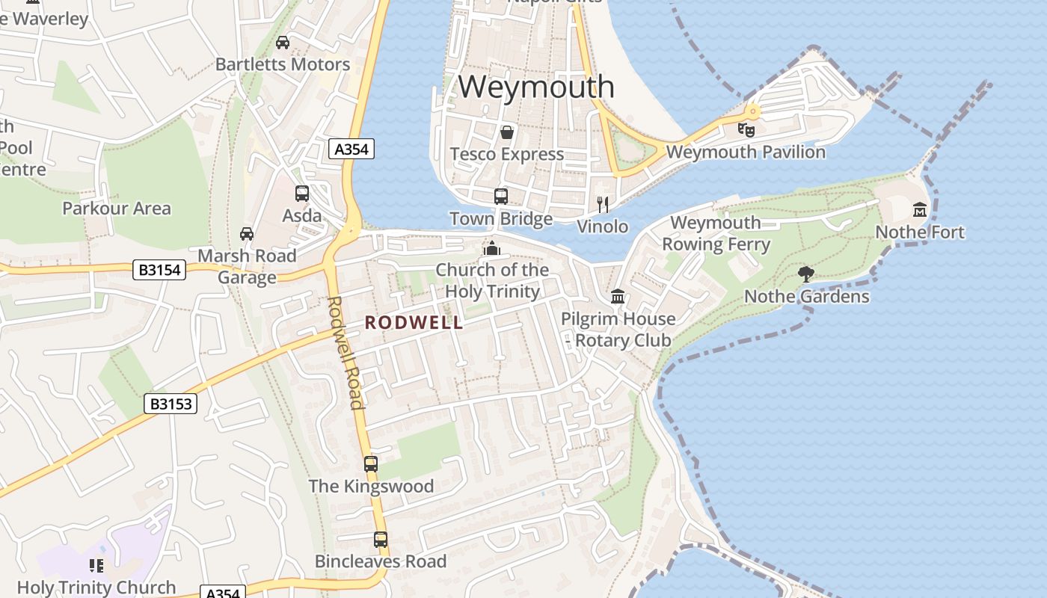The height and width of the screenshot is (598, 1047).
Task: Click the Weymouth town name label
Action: (536, 87)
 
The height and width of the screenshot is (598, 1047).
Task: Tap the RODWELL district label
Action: (414, 323)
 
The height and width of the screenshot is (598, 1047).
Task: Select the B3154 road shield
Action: (159, 270)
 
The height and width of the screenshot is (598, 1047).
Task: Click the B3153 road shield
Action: (171, 404)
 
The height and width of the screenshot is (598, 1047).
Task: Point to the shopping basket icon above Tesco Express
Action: (507, 133)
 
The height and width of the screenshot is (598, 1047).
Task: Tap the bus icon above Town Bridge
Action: (501, 197)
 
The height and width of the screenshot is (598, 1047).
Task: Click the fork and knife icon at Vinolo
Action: (603, 204)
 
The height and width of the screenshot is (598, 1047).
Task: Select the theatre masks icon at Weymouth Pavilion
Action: (746, 130)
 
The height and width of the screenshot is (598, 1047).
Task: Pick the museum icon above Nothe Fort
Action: (920, 210)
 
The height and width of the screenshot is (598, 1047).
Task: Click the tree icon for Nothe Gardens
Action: (805, 274)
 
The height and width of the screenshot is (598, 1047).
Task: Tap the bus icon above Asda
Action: (302, 194)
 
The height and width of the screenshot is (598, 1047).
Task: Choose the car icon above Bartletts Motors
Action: (283, 43)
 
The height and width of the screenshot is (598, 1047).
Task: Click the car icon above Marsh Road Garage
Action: (247, 234)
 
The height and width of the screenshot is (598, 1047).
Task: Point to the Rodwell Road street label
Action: (345, 353)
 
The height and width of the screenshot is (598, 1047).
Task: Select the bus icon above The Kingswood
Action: (371, 463)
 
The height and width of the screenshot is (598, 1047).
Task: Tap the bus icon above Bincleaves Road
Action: (381, 539)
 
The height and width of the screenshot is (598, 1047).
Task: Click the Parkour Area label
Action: (117, 209)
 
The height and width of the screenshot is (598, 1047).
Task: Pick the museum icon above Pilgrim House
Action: (618, 297)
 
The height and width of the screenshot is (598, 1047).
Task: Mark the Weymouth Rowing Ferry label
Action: (716, 233)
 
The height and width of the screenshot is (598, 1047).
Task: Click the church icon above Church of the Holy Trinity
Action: (492, 248)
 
